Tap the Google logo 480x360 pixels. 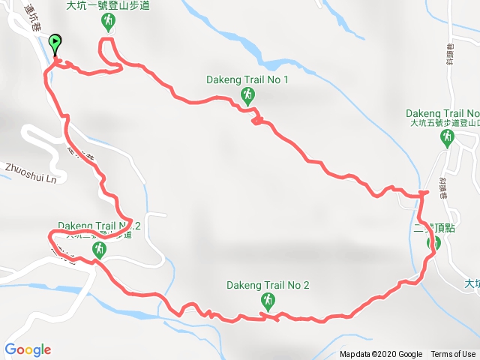coord(28,349)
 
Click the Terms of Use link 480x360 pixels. coord(453,355)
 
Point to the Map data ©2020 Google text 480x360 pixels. coord(381,355)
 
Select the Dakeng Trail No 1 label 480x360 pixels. coord(247,79)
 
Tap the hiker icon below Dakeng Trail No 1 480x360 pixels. coord(247,94)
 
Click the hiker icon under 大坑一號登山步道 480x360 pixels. coord(109,22)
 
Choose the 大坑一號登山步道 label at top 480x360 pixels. coord(109,6)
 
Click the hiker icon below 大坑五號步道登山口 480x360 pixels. coord(448,137)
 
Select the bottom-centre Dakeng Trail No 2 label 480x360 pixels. coord(268,285)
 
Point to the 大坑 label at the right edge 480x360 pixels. coord(471,283)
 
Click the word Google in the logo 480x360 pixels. coord(28,349)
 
